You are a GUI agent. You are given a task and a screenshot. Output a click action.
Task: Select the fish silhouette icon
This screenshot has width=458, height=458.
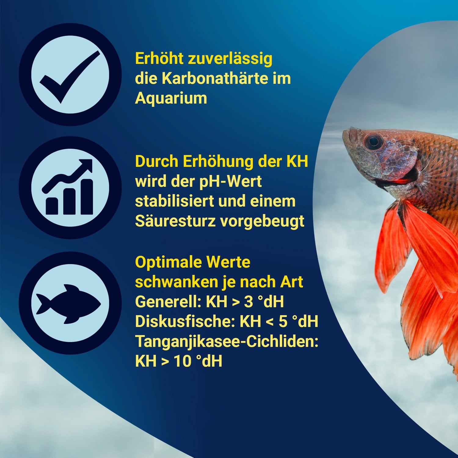pos(68,304)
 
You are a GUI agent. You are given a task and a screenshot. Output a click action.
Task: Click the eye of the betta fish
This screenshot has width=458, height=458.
pos(373,141)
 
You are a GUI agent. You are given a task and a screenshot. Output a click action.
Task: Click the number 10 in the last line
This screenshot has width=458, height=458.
pos(182,362)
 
